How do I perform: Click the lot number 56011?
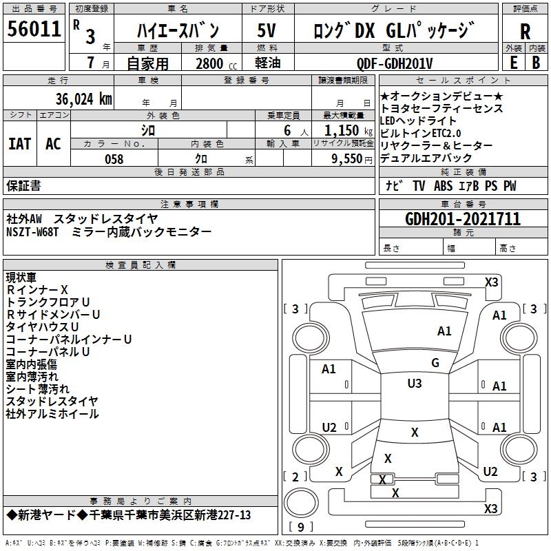click(34, 29)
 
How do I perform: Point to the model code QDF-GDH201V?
click(395, 63)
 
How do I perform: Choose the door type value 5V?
click(267, 30)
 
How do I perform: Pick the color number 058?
click(114, 158)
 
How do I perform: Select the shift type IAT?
click(19, 144)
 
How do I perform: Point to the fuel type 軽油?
click(267, 63)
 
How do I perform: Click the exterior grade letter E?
click(513, 62)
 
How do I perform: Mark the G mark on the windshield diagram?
click(435, 362)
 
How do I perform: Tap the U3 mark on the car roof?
click(414, 383)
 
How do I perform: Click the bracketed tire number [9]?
click(301, 528)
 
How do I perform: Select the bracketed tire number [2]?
click(295, 477)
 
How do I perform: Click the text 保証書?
click(23, 185)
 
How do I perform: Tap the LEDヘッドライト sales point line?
click(418, 121)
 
